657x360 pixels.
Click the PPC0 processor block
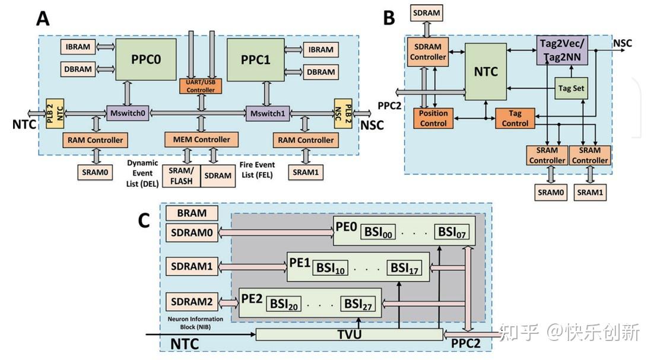146,59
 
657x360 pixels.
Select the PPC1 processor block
256,59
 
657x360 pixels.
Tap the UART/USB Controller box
201,86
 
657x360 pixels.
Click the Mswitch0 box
128,113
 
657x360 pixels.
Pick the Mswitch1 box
267,113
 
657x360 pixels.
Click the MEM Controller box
202,139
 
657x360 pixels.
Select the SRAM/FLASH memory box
181,176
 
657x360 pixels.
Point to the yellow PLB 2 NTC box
55,113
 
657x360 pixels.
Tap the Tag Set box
571,88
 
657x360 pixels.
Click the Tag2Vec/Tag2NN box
562,50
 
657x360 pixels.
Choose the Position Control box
433,118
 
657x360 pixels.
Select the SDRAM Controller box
428,52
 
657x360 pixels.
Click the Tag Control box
515,118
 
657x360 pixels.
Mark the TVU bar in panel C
350,334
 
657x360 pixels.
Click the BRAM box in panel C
192,213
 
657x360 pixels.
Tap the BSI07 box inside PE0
452,232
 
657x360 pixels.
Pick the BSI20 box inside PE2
284,304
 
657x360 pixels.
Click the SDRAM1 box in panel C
192,267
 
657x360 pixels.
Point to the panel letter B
389,18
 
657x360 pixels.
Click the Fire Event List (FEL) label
257,170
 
